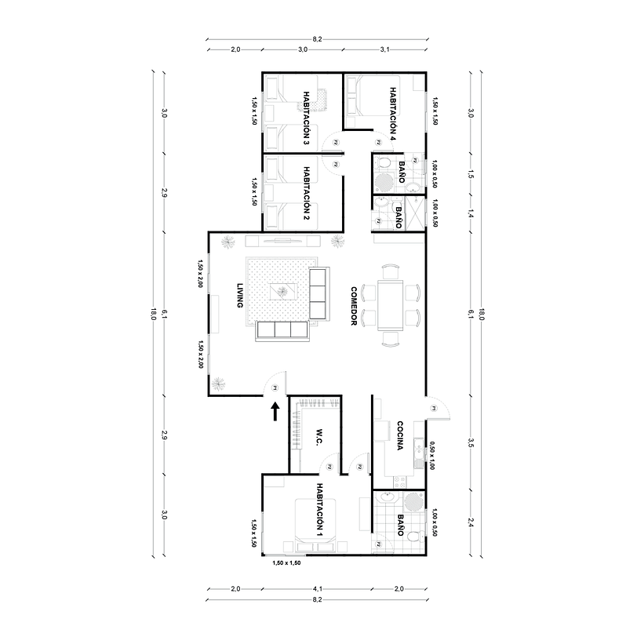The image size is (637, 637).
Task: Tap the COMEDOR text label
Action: point(355,305)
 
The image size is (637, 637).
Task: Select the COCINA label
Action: point(400,436)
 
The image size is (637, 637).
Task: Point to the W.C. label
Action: point(320,439)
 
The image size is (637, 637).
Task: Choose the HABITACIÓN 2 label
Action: point(306,194)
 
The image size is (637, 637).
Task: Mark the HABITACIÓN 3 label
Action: point(306,118)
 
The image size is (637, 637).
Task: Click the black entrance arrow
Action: point(275,411)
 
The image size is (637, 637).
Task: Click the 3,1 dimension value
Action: point(385,49)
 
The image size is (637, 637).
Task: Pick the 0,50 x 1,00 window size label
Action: point(431,455)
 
